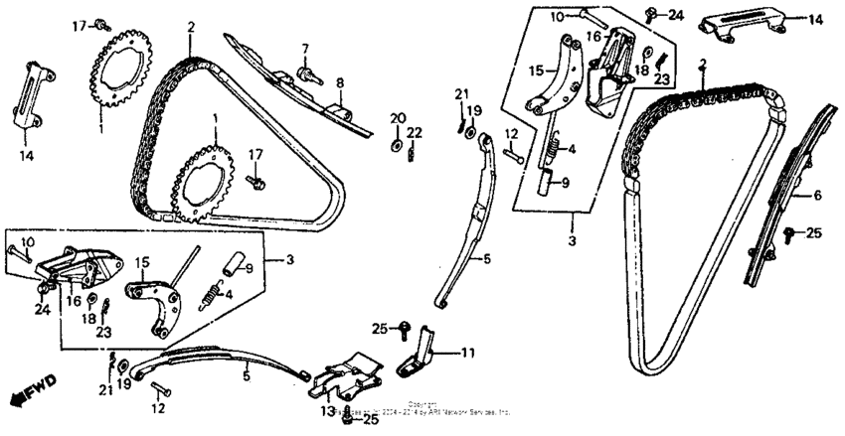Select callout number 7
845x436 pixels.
pos(305,48)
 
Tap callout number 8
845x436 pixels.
pos(338,83)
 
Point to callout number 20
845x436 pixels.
pos(397,119)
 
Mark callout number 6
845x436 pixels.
pos(817,196)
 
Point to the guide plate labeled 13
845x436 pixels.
pos(348,380)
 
